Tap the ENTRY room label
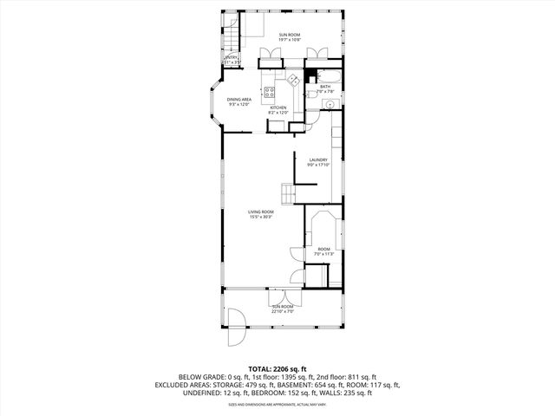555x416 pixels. [232, 61]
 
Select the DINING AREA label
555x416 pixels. [239, 102]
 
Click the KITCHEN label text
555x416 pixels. [277, 110]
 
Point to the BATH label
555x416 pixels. [325, 88]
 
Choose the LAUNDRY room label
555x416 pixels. [317, 162]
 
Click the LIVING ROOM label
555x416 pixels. [261, 214]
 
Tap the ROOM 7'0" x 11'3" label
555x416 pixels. [324, 251]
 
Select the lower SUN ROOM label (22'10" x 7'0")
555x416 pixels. [283, 309]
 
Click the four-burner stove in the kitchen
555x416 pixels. [270, 93]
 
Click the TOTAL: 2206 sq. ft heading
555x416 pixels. [277, 368]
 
